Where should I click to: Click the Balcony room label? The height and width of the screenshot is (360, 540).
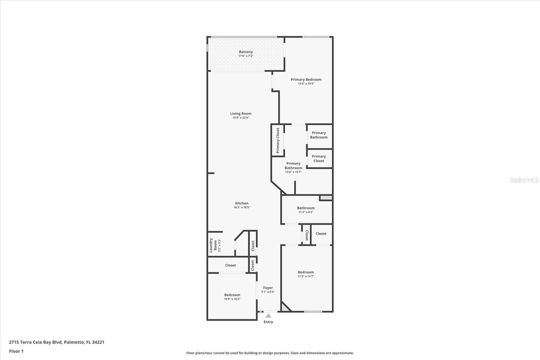click(x=246, y=52)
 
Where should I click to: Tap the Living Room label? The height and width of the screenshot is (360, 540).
click(x=241, y=113)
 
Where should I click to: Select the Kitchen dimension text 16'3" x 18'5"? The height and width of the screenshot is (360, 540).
click(x=242, y=207)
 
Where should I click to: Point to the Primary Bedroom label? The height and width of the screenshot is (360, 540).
click(x=306, y=80)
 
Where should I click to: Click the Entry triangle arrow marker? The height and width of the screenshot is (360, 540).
click(x=268, y=316)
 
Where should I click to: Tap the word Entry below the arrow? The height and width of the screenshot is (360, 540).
click(x=268, y=322)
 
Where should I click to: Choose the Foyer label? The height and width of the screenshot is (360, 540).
click(x=268, y=288)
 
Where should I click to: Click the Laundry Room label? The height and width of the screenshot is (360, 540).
click(x=213, y=245)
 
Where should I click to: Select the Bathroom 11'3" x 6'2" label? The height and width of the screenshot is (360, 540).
click(x=306, y=208)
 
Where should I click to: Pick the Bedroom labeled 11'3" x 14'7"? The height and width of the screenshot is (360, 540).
click(x=306, y=272)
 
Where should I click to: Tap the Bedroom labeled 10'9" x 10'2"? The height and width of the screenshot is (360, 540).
click(x=232, y=295)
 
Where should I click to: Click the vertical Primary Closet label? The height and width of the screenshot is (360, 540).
click(x=277, y=140)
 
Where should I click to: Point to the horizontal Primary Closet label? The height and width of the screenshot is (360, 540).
click(x=319, y=158)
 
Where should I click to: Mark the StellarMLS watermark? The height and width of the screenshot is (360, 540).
click(x=524, y=180)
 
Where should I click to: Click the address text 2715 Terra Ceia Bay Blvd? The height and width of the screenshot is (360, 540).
click(x=35, y=342)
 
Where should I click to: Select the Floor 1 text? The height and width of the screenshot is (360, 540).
click(x=16, y=351)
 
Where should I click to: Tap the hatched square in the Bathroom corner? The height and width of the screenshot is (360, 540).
click(x=326, y=198)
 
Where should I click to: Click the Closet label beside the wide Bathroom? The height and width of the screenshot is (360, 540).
click(x=321, y=234)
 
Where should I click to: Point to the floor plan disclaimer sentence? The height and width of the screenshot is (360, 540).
click(x=270, y=353)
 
